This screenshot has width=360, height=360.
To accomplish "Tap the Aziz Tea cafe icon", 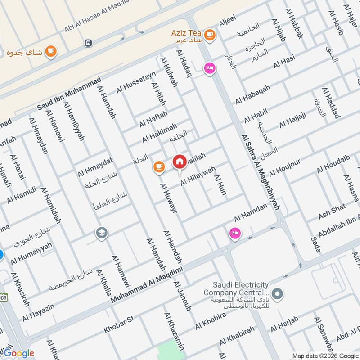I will coord(209,34).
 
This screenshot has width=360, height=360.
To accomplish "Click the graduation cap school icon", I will coord(102,234).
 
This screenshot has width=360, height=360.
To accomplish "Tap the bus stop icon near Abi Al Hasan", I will coord(88,43).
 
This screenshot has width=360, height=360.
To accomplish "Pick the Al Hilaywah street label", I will coord(198,176).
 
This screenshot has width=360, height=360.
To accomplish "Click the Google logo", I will coord(19,353).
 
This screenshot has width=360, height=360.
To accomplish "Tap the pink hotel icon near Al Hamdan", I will coord(234,233).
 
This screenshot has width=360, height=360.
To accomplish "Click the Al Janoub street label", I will coord(183,297).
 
